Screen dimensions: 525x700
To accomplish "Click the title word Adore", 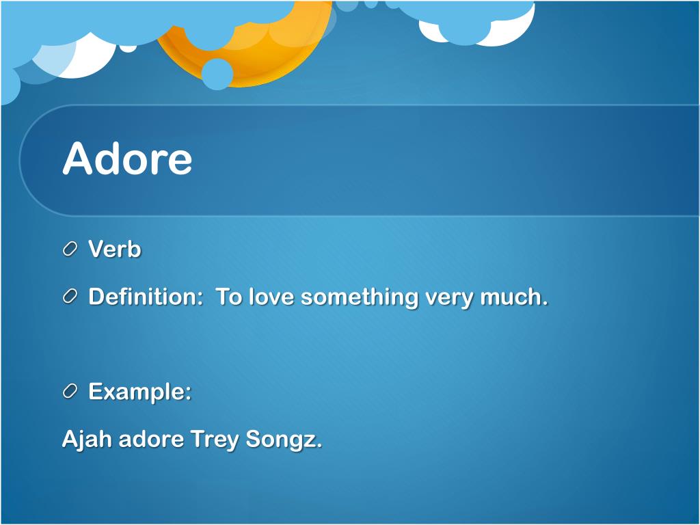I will coord(127,159).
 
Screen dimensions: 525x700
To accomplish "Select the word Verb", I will coord(115,250).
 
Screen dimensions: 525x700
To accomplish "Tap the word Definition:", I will coord(143,297).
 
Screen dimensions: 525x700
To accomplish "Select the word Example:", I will coord(139,392).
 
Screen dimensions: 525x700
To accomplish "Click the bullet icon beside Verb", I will coord(70,250).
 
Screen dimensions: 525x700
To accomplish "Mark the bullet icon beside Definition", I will coord(70,297).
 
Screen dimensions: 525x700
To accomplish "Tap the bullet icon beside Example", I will coord(70,392).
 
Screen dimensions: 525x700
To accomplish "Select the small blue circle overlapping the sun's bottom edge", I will coord(217,74).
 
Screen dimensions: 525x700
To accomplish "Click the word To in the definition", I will coord(229,297).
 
